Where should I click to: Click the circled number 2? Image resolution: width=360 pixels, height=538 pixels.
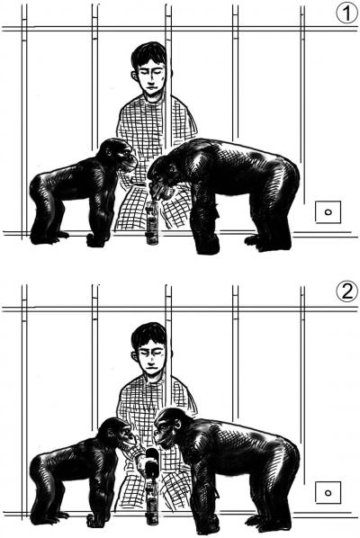coord(344,292)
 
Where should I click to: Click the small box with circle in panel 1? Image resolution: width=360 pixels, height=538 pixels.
coord(328,212)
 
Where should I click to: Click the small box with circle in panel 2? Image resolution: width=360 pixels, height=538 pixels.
coord(328,491)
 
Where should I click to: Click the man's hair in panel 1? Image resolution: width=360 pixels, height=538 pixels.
coord(147,54)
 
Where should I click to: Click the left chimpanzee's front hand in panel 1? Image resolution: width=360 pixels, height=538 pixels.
coord(96,239)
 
